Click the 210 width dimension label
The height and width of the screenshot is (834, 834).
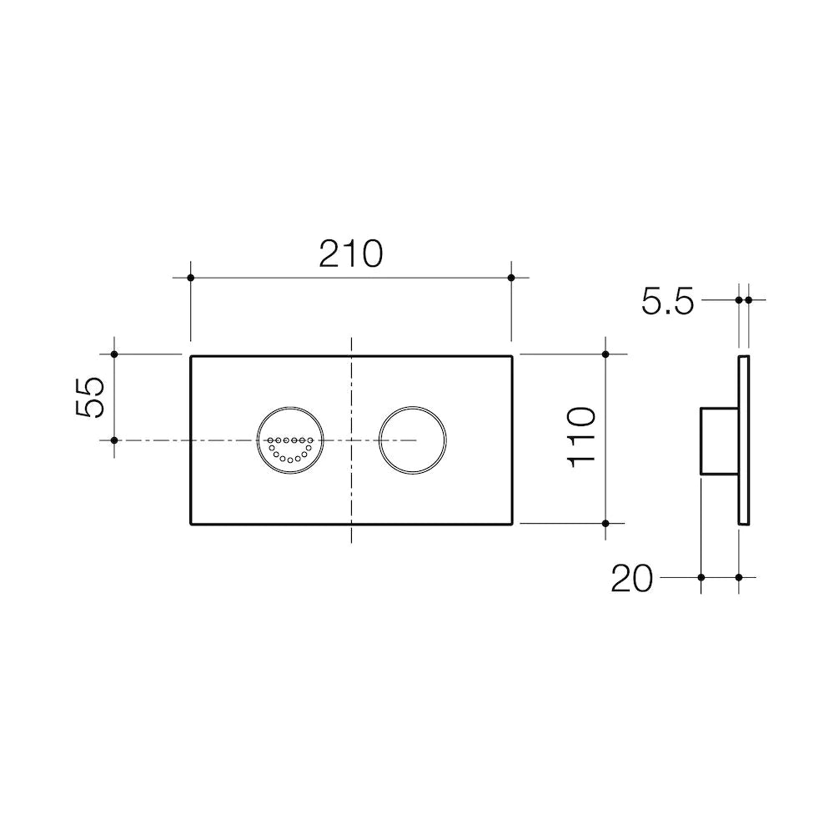click(x=351, y=254)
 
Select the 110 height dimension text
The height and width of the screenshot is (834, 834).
click(x=581, y=438)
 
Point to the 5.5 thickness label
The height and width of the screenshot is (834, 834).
click(x=667, y=301)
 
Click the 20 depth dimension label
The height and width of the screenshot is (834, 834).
click(x=632, y=579)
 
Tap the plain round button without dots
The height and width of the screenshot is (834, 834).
click(x=412, y=440)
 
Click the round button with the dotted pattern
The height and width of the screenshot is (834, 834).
click(x=289, y=440)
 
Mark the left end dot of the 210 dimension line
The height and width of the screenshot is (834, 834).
click(x=191, y=277)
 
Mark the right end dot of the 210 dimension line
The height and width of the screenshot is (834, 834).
click(x=512, y=277)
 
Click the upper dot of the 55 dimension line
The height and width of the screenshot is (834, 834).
click(x=114, y=354)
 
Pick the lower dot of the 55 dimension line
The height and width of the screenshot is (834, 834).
click(x=114, y=440)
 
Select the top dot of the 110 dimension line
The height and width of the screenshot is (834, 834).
click(x=606, y=354)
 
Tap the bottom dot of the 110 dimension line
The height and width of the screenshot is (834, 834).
click(x=606, y=523)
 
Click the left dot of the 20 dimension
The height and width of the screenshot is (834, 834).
click(x=701, y=577)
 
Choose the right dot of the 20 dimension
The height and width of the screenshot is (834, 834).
click(x=740, y=577)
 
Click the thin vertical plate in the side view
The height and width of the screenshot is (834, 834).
click(x=744, y=440)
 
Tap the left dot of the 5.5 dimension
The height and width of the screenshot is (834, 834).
click(x=739, y=299)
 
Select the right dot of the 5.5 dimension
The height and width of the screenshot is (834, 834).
click(x=748, y=299)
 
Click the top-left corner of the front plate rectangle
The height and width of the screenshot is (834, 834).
click(x=192, y=357)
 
